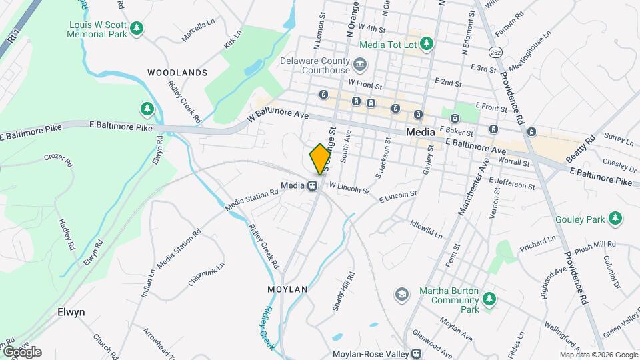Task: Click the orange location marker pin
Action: coord(320,159)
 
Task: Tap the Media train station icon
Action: coord(312,185)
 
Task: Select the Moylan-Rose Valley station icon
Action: coord(417,353)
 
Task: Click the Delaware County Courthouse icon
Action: coord(360,65)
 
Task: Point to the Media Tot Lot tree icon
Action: coord(427,45)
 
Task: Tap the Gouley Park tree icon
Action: coord(615,219)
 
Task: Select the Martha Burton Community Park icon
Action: coord(489,299)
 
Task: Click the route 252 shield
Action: coord(495,51)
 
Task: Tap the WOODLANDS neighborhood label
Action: coord(177,72)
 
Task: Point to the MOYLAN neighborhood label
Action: coord(287,289)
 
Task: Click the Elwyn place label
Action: coord(71,311)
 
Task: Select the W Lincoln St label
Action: coord(349,189)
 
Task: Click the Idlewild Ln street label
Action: coord(426,230)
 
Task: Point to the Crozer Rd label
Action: coord(57,157)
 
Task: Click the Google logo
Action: coord(21,351)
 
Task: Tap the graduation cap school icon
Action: coord(401,293)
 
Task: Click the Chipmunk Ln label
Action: coord(206,273)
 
